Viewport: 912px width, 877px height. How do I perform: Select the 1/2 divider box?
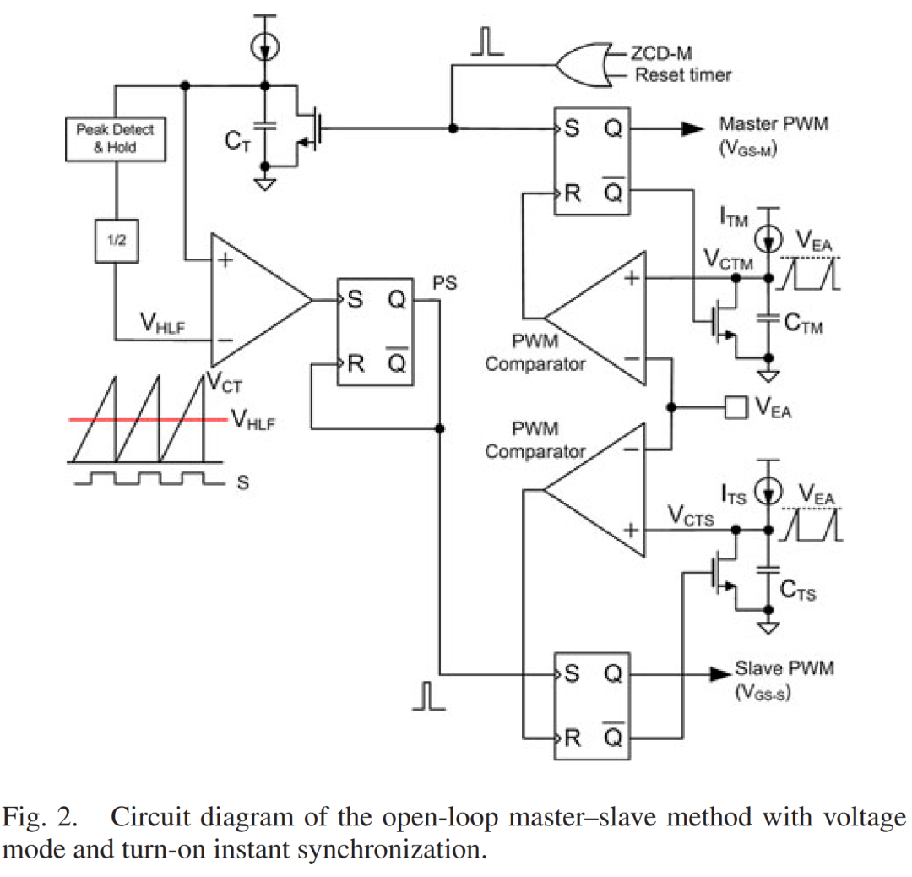117,241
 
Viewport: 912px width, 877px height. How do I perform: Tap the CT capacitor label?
237,142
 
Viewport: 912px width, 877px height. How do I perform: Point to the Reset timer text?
683,75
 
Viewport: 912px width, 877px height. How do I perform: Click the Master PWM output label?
774,124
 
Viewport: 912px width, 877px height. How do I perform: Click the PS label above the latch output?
444,284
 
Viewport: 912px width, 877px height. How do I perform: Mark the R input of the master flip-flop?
572,193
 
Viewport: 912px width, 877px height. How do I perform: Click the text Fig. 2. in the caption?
41,818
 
